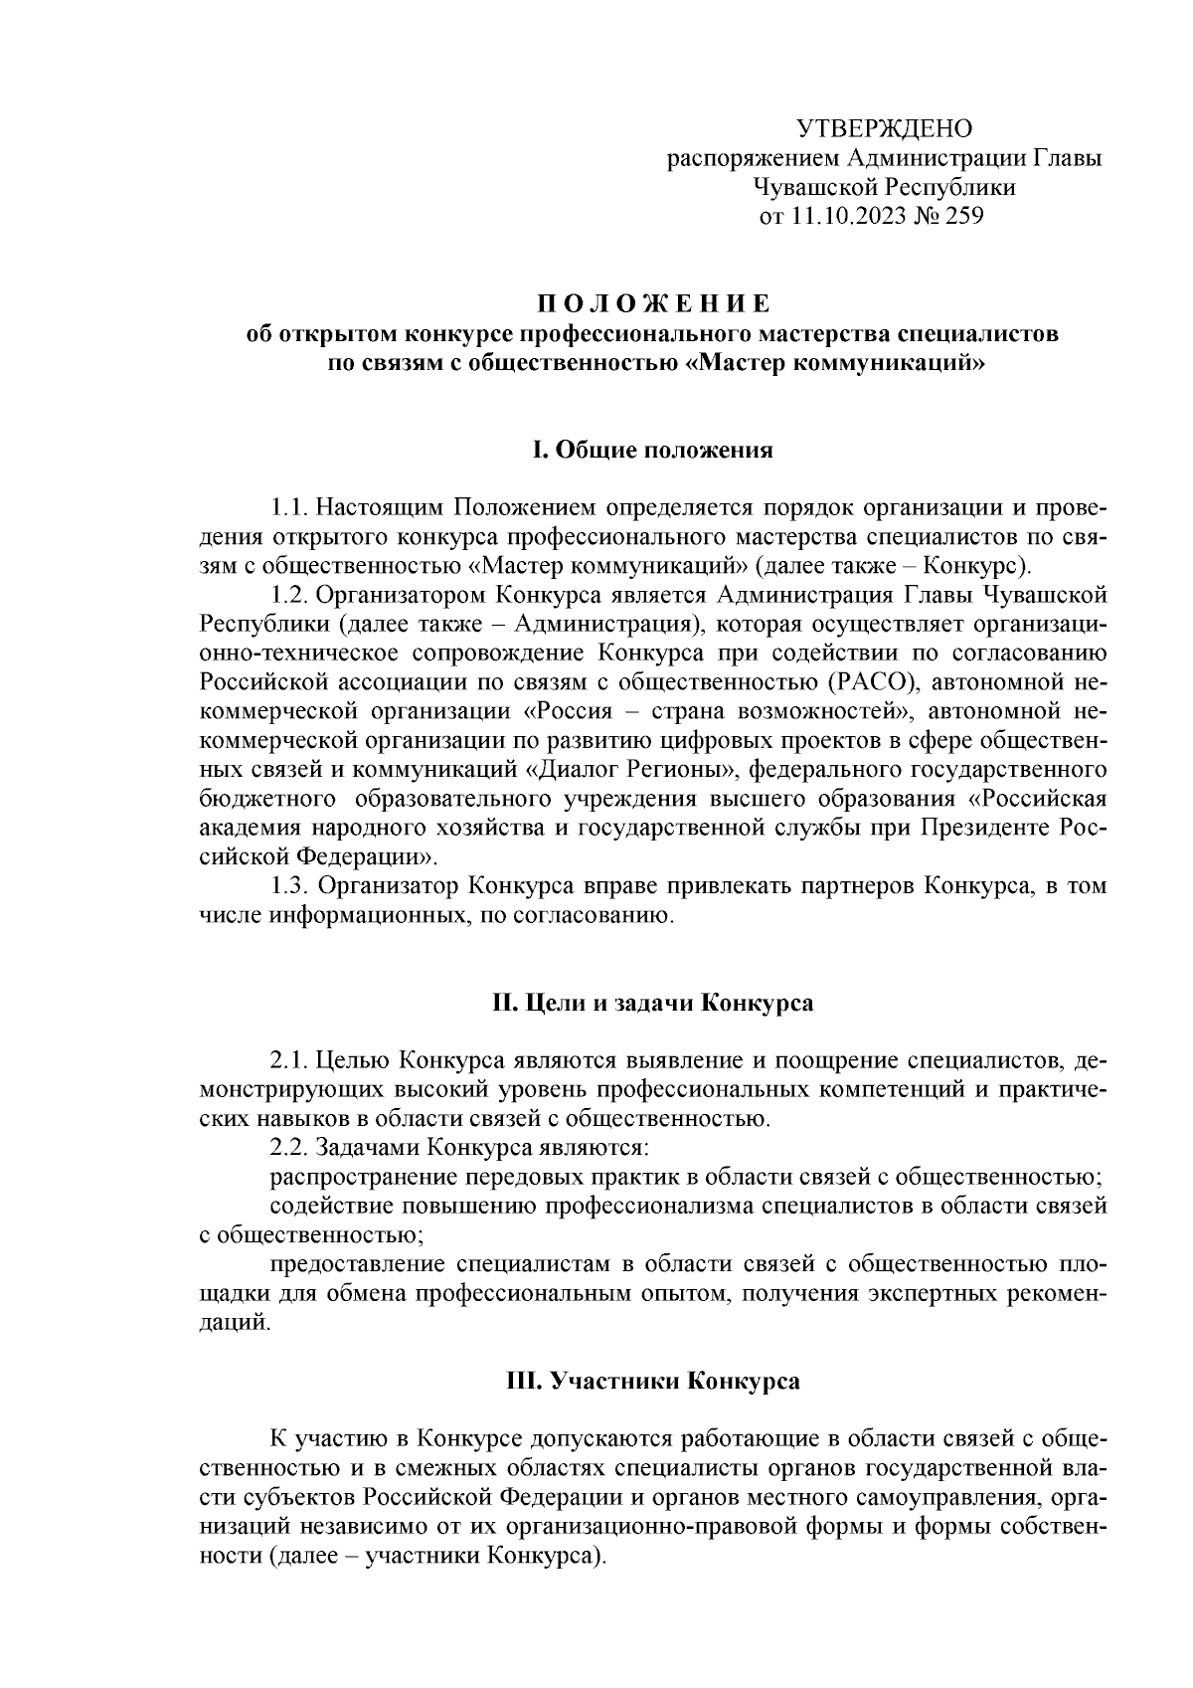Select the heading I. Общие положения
(653, 451)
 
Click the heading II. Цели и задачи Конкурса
(653, 1003)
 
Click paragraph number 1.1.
(289, 508)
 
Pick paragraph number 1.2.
(289, 595)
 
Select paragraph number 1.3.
(289, 885)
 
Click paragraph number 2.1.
(289, 1061)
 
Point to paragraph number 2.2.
(289, 1148)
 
